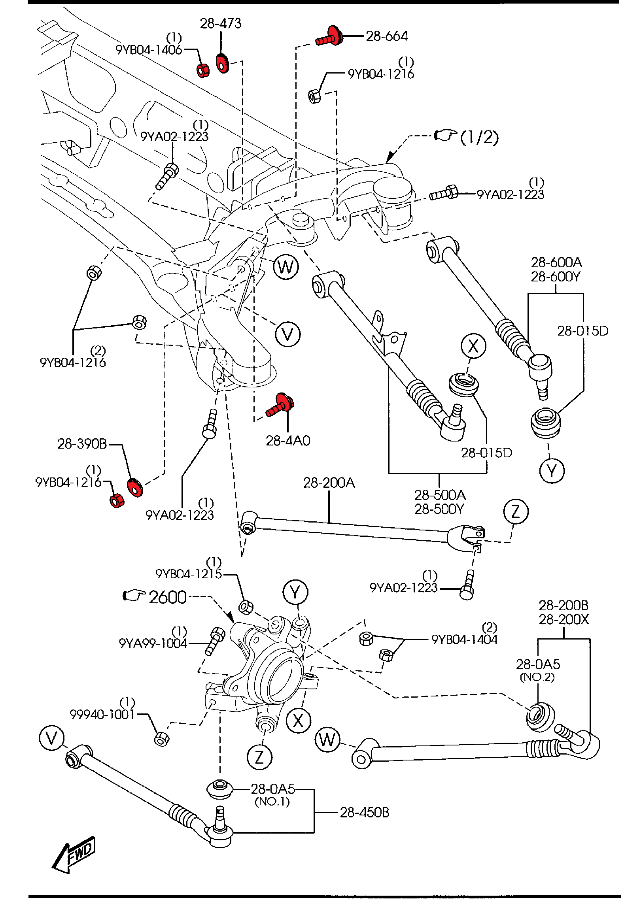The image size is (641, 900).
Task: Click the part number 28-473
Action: (220, 24)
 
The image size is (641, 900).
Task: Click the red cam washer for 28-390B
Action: (135, 487)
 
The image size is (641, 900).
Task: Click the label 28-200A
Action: (329, 483)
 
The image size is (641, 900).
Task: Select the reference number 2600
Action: (167, 597)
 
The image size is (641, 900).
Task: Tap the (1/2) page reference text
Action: (479, 137)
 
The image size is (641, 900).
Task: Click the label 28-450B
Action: (365, 812)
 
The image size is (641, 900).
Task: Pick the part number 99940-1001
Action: (102, 715)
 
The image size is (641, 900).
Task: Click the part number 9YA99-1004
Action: (153, 643)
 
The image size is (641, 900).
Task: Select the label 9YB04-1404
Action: (464, 640)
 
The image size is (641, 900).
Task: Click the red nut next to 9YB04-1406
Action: (203, 70)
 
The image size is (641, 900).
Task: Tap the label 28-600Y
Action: (556, 277)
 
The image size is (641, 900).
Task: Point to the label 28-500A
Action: (440, 495)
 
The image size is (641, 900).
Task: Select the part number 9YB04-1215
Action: (189, 574)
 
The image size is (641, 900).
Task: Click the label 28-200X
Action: (563, 619)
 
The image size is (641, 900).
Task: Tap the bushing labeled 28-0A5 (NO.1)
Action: (220, 789)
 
